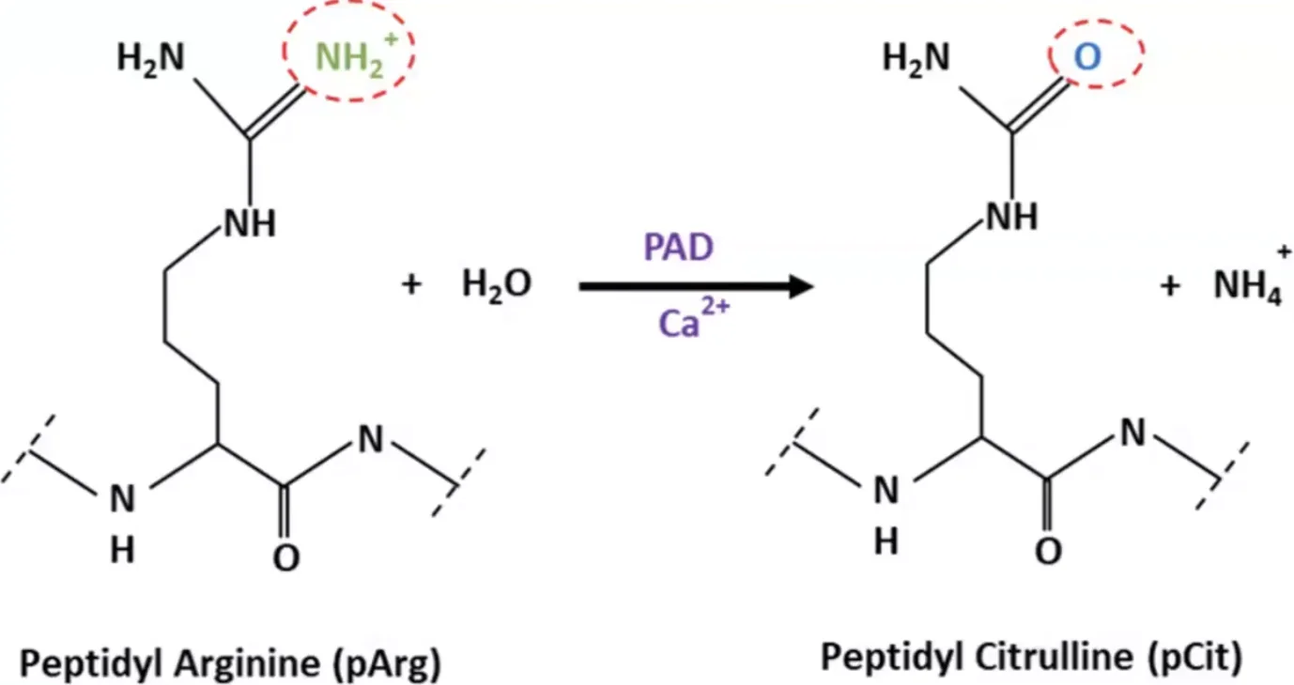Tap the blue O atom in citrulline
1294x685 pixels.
point(1087,56)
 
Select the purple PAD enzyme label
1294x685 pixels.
point(679,247)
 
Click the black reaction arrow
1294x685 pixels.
point(697,287)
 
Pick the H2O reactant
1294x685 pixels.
point(497,284)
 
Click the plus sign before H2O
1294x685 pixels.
point(412,284)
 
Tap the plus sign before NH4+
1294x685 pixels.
point(1170,285)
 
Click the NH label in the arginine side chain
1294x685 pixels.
point(250,223)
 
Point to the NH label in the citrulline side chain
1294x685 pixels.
point(1012,217)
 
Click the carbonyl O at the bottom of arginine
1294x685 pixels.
point(286,557)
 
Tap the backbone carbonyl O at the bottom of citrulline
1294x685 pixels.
point(1049,551)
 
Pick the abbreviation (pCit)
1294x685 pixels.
point(1194,658)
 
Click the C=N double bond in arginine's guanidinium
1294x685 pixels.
point(276,112)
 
